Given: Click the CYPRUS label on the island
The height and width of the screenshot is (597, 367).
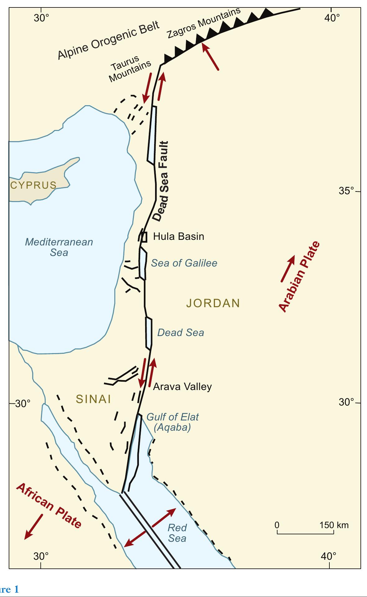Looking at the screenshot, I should (x=33, y=185).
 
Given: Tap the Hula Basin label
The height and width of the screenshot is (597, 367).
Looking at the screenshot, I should (x=178, y=236).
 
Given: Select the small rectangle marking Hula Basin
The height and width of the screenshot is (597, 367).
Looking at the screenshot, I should (x=144, y=237).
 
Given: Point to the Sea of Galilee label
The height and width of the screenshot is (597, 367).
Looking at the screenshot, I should (x=184, y=263).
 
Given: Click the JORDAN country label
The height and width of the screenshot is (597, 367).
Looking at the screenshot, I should (x=213, y=303).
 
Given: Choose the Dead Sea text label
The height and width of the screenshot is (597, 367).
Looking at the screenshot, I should (x=181, y=333).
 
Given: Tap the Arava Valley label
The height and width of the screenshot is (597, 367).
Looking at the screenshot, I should (x=182, y=387).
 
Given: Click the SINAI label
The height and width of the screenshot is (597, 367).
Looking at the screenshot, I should (x=94, y=399).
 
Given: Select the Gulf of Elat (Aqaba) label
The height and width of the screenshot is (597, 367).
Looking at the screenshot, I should (x=172, y=422).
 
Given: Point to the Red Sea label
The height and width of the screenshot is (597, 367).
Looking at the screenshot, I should (x=177, y=533).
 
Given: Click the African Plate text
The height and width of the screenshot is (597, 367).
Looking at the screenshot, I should (x=49, y=506).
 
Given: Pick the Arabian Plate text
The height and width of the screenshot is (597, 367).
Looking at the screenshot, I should (x=299, y=276).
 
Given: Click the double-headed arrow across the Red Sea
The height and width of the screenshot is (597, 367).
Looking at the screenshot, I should (x=150, y=527).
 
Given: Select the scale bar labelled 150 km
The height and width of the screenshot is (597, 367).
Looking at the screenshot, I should (x=305, y=533).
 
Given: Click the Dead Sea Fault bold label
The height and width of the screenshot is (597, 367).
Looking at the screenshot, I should (x=162, y=181).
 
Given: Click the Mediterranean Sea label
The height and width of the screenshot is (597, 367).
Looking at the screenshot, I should (x=59, y=247).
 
